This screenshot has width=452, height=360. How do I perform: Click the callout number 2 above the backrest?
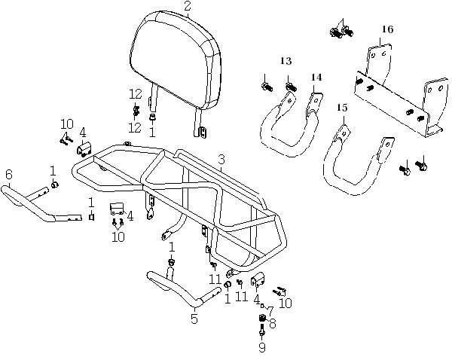coord(188,6)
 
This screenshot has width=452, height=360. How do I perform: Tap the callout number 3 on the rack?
coord(221,160)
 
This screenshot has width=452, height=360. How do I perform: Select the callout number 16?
coord(387,29)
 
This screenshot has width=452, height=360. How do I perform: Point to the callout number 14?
coord(316,78)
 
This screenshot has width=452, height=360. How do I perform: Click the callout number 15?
coord(342,108)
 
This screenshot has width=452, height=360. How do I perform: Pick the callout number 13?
coord(286,61)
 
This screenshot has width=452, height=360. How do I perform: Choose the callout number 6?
coord(9,175)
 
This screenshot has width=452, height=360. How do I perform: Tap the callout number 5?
coord(194,319)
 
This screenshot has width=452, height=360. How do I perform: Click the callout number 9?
coord(261,348)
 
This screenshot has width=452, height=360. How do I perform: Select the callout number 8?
coord(272,324)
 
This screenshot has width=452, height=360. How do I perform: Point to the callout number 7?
coord(270,311)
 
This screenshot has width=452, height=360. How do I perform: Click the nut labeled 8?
coord(262,318)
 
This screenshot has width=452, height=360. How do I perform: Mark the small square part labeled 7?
coord(262,305)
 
